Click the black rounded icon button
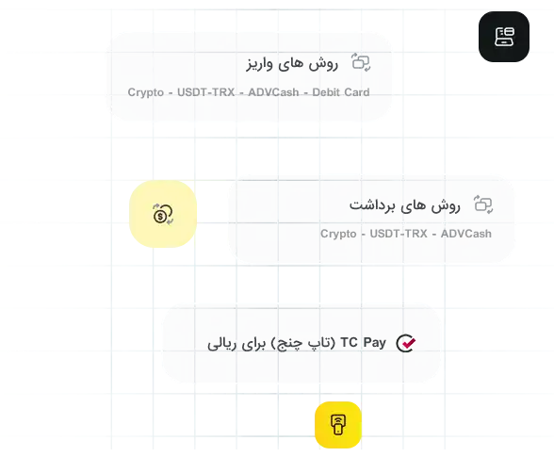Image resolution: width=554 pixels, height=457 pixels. click(x=504, y=37)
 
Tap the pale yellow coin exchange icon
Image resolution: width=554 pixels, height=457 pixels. click(x=163, y=214)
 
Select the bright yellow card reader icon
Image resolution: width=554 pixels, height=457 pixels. click(x=338, y=424)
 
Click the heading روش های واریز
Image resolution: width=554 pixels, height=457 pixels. click(x=292, y=64)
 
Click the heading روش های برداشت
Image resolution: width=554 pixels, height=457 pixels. click(x=405, y=205)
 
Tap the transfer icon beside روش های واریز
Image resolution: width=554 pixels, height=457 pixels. click(x=361, y=62)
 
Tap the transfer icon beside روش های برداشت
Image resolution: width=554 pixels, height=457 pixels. click(x=483, y=204)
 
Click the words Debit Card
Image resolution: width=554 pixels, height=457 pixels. click(x=341, y=92)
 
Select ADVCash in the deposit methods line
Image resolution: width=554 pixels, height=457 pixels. click(x=273, y=92)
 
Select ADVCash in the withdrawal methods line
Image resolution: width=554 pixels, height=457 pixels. click(x=466, y=234)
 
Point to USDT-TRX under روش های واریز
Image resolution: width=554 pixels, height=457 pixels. click(x=206, y=92)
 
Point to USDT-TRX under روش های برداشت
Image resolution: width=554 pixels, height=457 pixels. click(x=399, y=234)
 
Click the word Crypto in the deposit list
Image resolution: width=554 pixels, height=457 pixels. click(x=145, y=92)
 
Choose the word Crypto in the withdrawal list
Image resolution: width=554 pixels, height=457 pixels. click(x=338, y=234)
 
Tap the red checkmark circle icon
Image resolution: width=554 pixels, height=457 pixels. click(x=406, y=343)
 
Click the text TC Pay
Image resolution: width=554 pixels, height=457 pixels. click(x=364, y=342)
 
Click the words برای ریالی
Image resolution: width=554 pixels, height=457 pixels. click(x=236, y=344)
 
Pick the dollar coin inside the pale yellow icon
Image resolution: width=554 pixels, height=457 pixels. click(x=160, y=217)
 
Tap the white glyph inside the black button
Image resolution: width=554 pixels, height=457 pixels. click(x=504, y=37)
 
